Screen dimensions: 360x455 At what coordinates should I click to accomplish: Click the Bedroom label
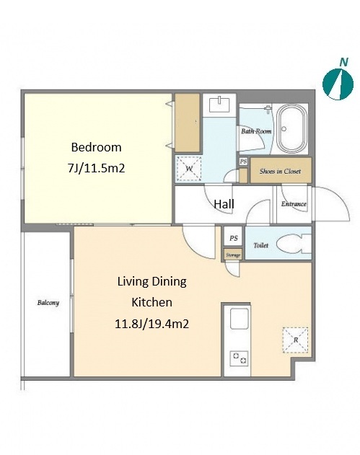(96, 147)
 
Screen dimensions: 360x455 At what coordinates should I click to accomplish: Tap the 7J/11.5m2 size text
(96, 168)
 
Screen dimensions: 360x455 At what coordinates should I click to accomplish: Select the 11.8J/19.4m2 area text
(152, 324)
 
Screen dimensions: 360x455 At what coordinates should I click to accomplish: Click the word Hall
(224, 204)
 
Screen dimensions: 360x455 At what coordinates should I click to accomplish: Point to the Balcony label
(48, 303)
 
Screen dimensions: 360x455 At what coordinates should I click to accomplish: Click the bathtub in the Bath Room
(291, 129)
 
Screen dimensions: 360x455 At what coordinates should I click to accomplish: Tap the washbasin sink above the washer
(219, 105)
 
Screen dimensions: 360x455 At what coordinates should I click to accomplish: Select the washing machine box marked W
(189, 169)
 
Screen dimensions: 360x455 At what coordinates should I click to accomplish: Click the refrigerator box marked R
(296, 340)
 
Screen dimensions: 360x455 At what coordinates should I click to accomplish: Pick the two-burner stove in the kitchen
(240, 358)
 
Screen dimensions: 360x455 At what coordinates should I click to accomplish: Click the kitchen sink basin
(240, 318)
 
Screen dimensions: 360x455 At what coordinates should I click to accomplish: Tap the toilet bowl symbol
(294, 243)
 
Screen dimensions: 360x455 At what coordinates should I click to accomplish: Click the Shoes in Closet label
(280, 171)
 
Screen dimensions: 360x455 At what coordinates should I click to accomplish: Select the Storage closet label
(233, 255)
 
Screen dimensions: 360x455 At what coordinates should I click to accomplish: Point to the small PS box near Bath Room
(243, 162)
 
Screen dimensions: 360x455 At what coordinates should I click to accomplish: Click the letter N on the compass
(343, 62)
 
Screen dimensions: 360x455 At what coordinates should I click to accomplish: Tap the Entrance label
(294, 204)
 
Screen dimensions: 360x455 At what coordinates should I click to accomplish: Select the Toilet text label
(261, 245)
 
